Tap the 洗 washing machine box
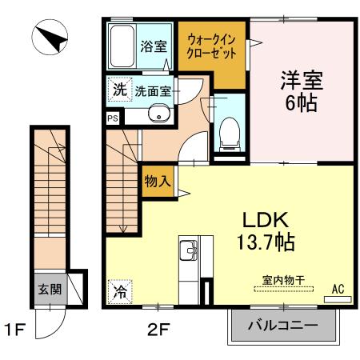pyautogui.click(x=118, y=90)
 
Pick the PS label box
pyautogui.click(x=113, y=116)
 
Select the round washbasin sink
pyautogui.click(x=158, y=115)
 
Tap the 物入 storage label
pyautogui.click(x=157, y=181)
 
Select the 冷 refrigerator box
pyautogui.click(x=118, y=291)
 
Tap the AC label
pyautogui.click(x=338, y=289)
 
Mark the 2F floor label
pyautogui.click(x=157, y=327)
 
